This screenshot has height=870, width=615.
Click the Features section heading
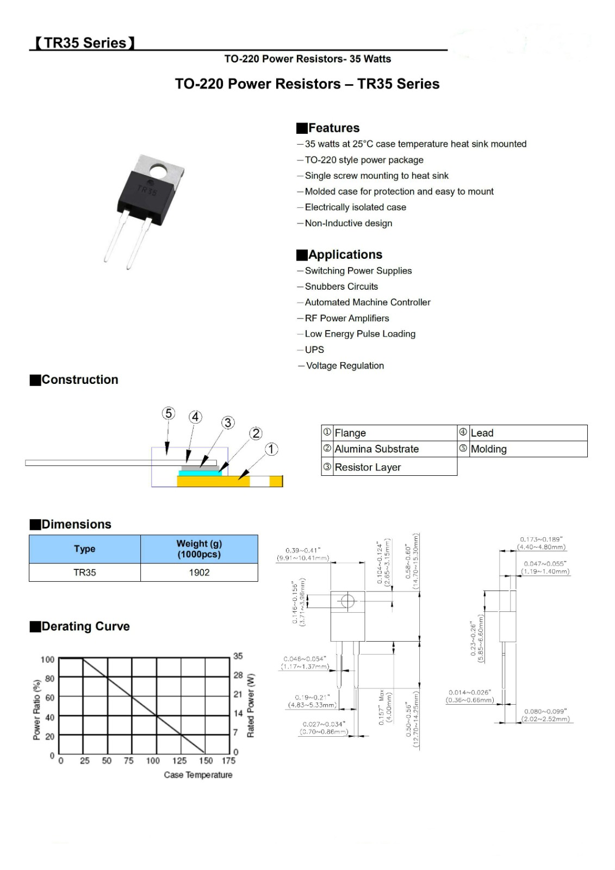pos(333,128)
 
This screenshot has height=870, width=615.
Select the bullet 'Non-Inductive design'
pos(348,223)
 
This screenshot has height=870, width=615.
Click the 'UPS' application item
pos(314,350)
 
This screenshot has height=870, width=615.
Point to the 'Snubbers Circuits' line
pos(341,287)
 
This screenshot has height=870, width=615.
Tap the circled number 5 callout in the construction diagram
pos(169,413)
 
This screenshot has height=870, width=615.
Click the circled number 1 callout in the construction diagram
pos(271,449)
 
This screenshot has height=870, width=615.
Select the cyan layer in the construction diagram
pos(200,473)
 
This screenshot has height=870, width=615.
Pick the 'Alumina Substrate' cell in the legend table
pos(376,449)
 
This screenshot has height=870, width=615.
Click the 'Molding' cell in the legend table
pos(488,449)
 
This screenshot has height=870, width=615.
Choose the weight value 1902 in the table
pos(199,573)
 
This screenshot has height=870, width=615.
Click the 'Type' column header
pos(84,549)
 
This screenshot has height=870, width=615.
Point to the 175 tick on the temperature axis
pos(229,761)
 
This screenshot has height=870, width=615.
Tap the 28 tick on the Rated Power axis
pos(238,675)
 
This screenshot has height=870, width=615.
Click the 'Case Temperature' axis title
pos(198,775)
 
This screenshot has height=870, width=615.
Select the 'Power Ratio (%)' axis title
pos(37,710)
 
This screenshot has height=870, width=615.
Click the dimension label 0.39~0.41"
pos(303,550)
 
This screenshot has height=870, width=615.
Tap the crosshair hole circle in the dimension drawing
pos(347,601)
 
